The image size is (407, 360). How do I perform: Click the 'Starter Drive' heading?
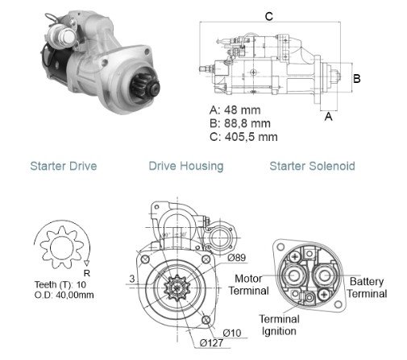pyautogui.click(x=64, y=166)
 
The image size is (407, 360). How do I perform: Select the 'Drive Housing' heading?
pyautogui.click(x=186, y=167)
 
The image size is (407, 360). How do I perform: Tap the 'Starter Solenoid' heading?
pyautogui.click(x=312, y=166)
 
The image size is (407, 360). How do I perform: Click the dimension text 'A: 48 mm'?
pyautogui.click(x=235, y=110)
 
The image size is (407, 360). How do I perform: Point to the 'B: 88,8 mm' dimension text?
pyautogui.click(x=240, y=123)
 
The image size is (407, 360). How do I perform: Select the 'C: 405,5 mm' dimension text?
pyautogui.click(x=243, y=137)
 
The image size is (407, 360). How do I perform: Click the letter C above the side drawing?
pyautogui.click(x=269, y=16)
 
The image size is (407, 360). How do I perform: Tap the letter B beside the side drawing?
pyautogui.click(x=356, y=79)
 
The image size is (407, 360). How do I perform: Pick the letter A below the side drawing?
pyautogui.click(x=328, y=117)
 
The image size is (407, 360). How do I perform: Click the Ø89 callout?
pyautogui.click(x=237, y=258)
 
